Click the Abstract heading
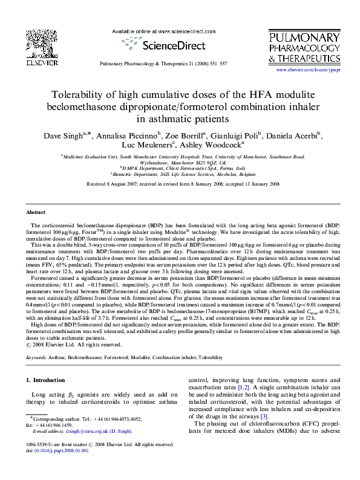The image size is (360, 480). pyautogui.click(x=36, y=213)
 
